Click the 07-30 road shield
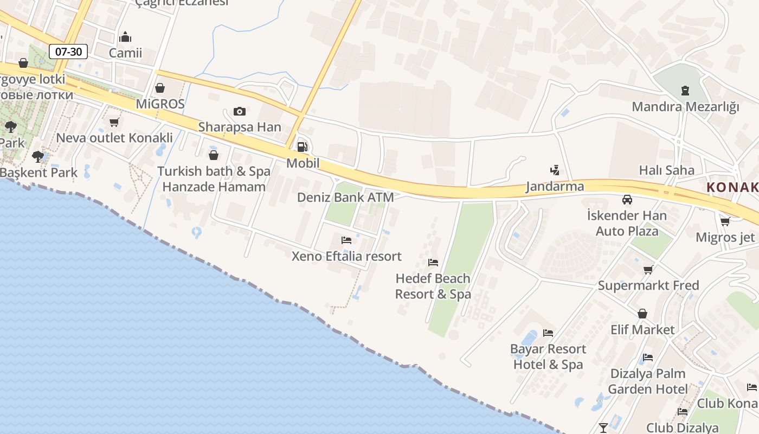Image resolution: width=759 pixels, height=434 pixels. tap(68, 52)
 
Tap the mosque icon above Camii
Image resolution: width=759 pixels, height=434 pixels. tap(125, 37)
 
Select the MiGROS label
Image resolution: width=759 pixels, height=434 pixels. tap(160, 104)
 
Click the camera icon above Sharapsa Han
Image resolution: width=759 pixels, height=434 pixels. tap(239, 111)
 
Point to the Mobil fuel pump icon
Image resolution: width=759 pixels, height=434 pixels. tap(302, 146)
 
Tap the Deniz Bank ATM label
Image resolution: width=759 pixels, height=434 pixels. tap(345, 197)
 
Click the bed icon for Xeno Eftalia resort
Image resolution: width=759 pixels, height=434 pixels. tap(346, 240)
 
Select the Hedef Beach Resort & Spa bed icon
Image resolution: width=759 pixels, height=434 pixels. tap(433, 263)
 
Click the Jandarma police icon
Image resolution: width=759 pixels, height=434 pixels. tap(554, 170)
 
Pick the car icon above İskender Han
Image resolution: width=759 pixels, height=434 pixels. tap(627, 199)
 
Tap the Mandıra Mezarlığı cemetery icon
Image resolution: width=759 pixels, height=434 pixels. tap(685, 90)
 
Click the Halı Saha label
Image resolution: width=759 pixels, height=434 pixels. tap(666, 170)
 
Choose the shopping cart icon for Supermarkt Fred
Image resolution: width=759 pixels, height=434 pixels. tap(648, 270)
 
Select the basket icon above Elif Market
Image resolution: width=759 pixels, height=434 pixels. tap(642, 314)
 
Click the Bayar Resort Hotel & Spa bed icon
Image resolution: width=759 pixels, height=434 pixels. tap(548, 333)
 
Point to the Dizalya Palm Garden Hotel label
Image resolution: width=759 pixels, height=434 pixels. tap(648, 381)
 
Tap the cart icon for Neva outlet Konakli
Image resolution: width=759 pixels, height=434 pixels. tap(114, 122)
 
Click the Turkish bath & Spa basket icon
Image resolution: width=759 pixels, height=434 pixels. tap(214, 155)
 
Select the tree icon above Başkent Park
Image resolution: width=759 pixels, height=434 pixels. tap(37, 157)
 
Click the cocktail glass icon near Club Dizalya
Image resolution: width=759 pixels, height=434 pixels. tap(603, 427)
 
